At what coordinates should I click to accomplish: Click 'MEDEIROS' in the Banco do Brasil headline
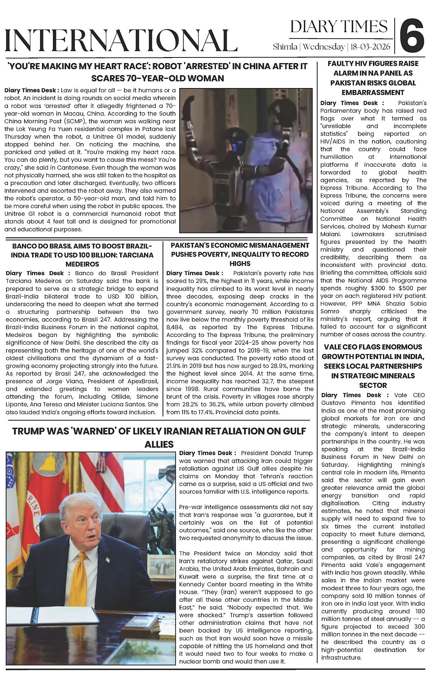pyautogui.click(x=82, y=264)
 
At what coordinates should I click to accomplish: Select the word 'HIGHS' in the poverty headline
pyautogui.click(x=240, y=263)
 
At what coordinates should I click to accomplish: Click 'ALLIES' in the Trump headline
pyautogui.click(x=159, y=444)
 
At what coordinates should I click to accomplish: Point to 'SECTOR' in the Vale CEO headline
pyautogui.click(x=373, y=385)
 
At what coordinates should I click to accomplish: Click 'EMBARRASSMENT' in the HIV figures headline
pyautogui.click(x=372, y=93)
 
